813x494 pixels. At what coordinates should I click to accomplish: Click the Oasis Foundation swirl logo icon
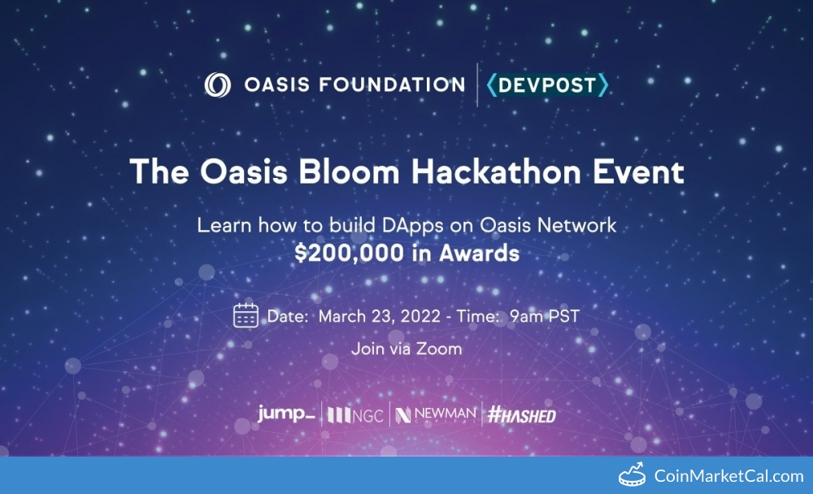point(217,84)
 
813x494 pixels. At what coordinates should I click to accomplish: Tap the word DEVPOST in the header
point(547,85)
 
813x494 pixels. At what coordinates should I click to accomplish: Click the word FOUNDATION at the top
point(392,84)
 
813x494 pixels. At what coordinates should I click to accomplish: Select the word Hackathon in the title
point(496,171)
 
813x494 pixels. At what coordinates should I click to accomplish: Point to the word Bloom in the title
point(349,171)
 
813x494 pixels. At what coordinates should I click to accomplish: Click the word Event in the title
point(638,171)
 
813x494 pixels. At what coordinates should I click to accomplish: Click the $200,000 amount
point(349,253)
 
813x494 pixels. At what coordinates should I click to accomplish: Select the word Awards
point(479,253)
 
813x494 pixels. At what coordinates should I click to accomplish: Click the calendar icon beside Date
point(246,315)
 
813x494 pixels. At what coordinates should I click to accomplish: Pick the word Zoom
point(439,349)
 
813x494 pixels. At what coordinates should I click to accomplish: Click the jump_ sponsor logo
point(286,414)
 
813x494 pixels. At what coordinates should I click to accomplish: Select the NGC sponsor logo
point(356,414)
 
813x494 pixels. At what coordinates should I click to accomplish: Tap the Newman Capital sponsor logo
point(436,414)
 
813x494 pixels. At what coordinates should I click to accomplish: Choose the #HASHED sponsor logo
point(522,414)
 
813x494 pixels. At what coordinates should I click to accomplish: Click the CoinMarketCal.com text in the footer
point(728,476)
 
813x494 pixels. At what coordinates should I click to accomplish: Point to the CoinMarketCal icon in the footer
point(632,474)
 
